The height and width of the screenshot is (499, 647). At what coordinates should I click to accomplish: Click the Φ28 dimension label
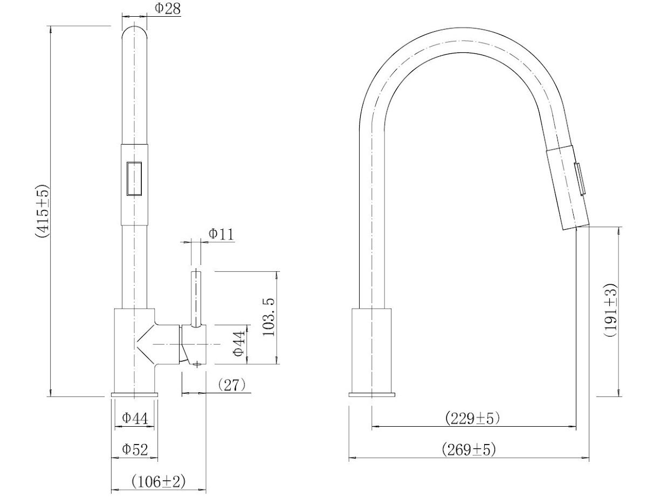click(168, 8)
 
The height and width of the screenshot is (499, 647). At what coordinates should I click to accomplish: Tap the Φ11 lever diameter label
click(221, 234)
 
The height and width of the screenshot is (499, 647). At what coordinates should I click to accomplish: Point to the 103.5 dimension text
click(271, 317)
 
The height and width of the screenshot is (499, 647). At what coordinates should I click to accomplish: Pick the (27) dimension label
click(232, 385)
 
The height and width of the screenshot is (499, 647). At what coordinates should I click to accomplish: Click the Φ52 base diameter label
click(135, 449)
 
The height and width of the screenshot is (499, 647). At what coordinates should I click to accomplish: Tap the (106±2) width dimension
click(159, 482)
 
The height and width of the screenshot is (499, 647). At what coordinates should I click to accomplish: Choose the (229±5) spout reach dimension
click(473, 418)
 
